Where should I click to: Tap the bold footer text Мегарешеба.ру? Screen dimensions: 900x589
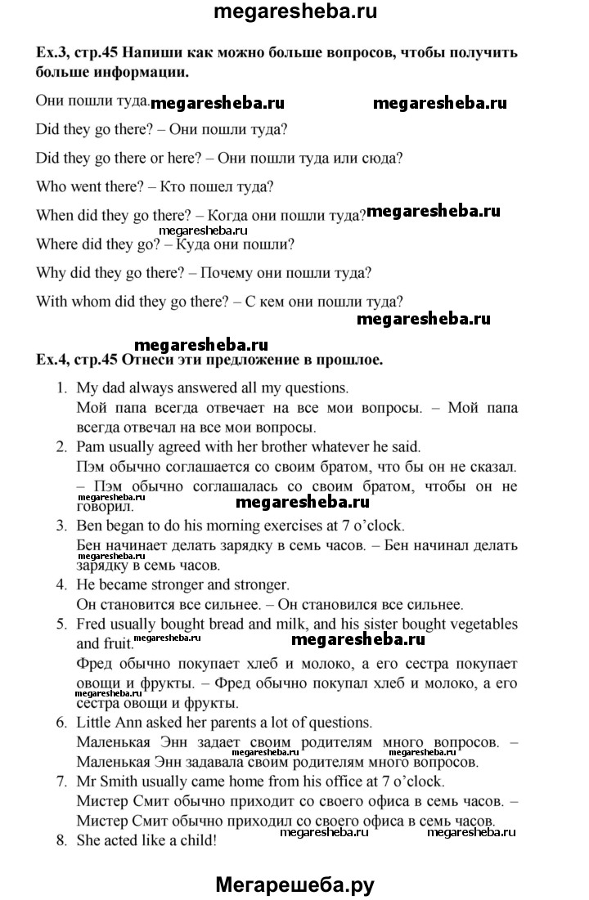pyautogui.click(x=294, y=882)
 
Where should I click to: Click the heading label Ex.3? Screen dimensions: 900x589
pyautogui.click(x=53, y=53)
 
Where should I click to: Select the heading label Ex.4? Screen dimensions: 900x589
pyautogui.click(x=53, y=359)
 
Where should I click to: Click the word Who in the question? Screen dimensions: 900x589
pyautogui.click(x=52, y=186)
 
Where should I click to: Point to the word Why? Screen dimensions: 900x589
pyautogui.click(x=52, y=272)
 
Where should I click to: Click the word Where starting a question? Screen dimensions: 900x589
pyautogui.click(x=57, y=244)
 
